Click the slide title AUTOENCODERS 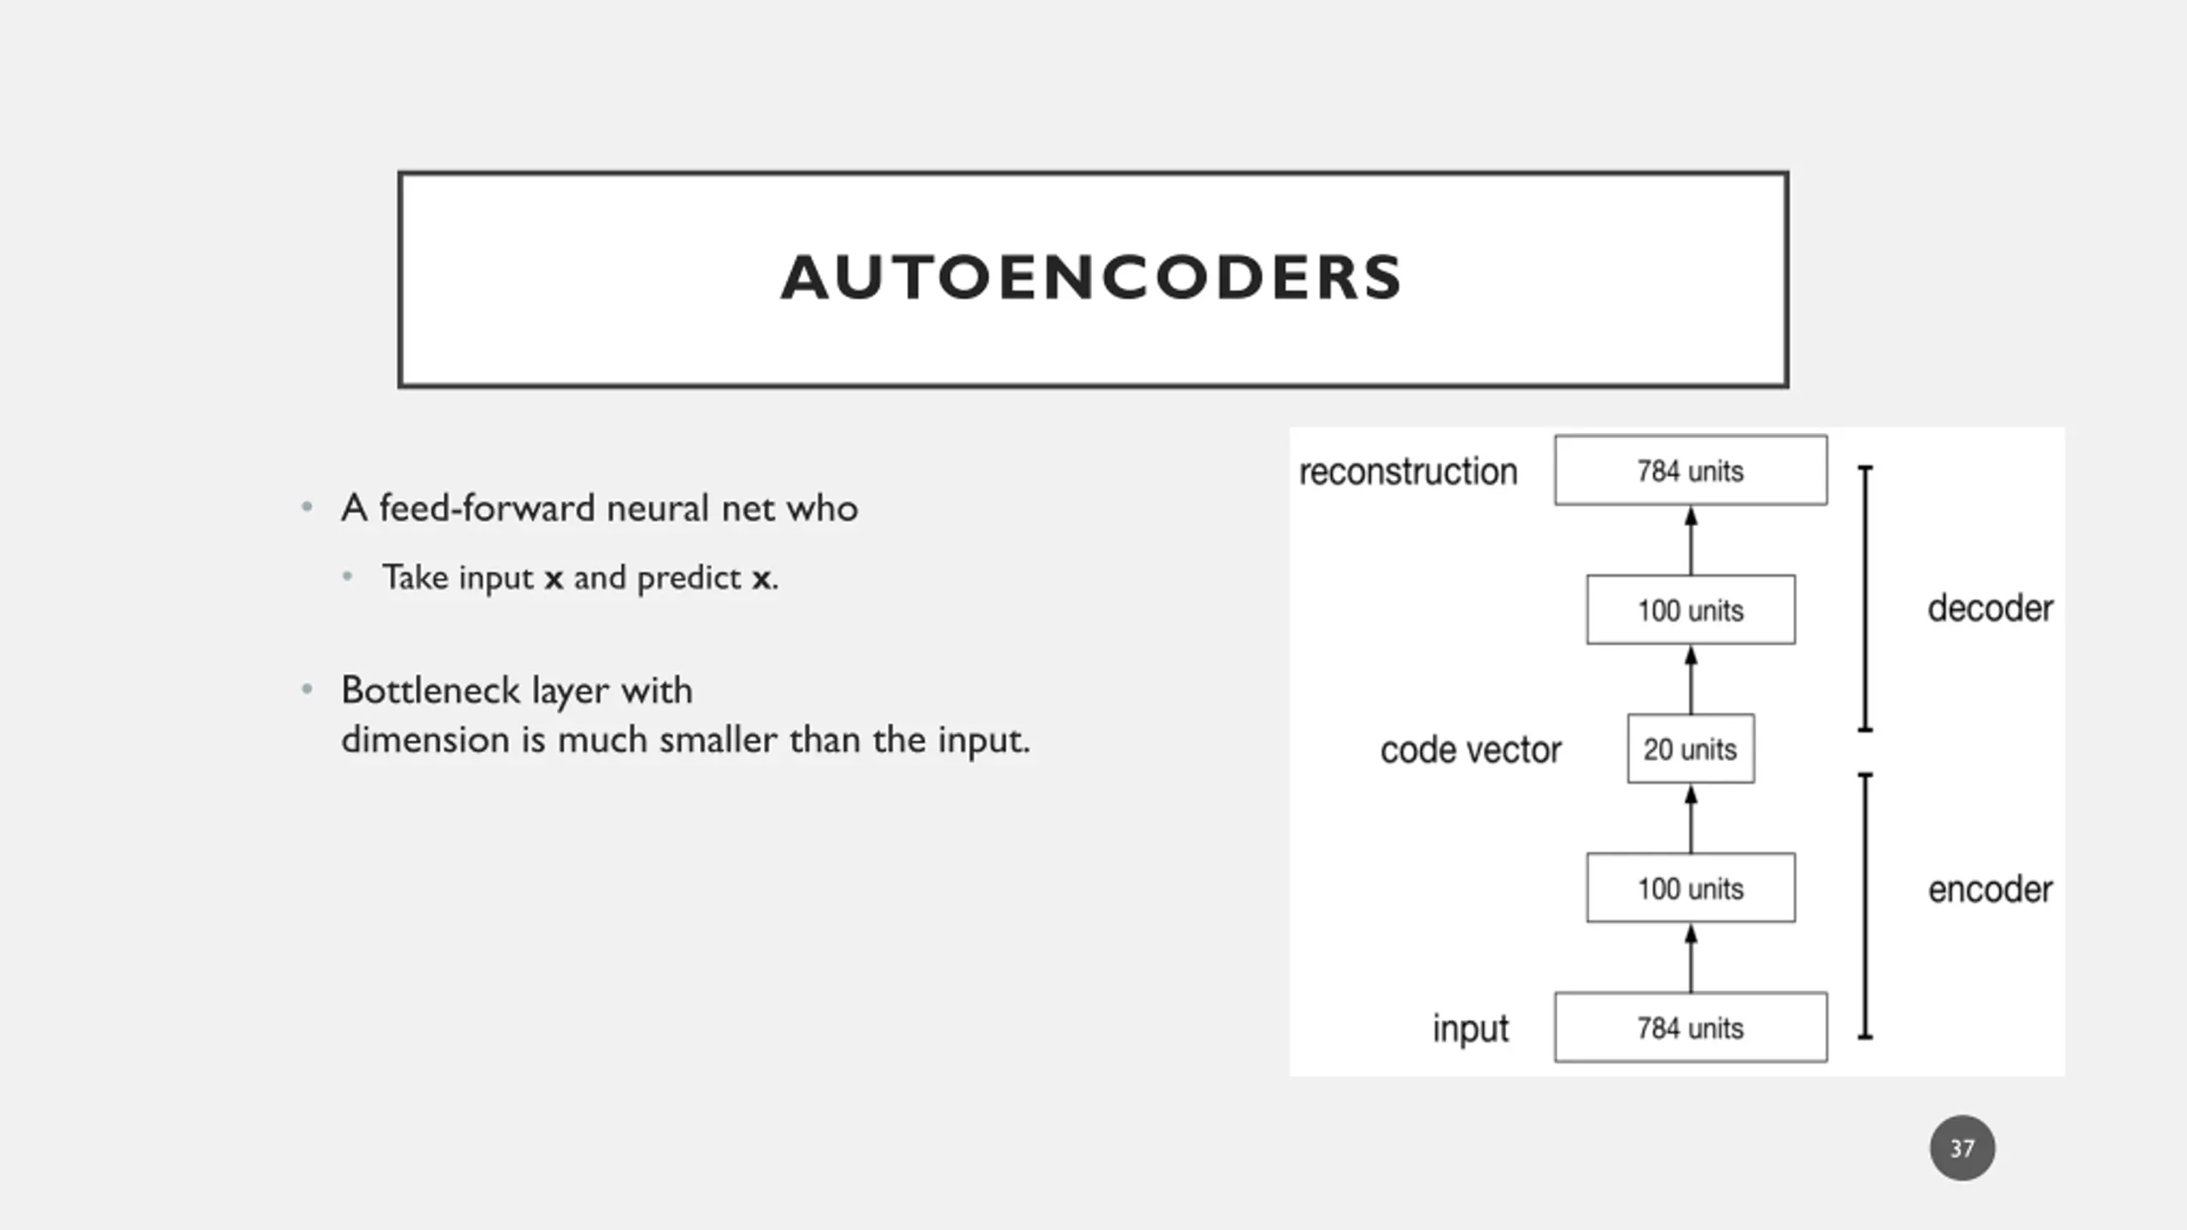pyautogui.click(x=1092, y=278)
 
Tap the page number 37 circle pyautogui.click(x=1962, y=1148)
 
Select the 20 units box pyautogui.click(x=1691, y=749)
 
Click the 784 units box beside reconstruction pyautogui.click(x=1691, y=471)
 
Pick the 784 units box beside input pyautogui.click(x=1691, y=1028)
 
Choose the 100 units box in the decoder pyautogui.click(x=1691, y=610)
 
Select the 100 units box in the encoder pyautogui.click(x=1691, y=887)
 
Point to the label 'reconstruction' pyautogui.click(x=1408, y=471)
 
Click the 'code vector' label pyautogui.click(x=1470, y=750)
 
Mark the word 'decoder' pyautogui.click(x=1990, y=608)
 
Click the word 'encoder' pyautogui.click(x=1990, y=889)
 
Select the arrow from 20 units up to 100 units pyautogui.click(x=1691, y=680)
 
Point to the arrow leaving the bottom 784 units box pyautogui.click(x=1691, y=958)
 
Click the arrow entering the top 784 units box pyautogui.click(x=1691, y=541)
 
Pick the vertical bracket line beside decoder pyautogui.click(x=1866, y=599)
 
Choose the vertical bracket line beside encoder pyautogui.click(x=1866, y=906)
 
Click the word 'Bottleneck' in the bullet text pyautogui.click(x=430, y=690)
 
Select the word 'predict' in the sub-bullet pyautogui.click(x=689, y=578)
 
